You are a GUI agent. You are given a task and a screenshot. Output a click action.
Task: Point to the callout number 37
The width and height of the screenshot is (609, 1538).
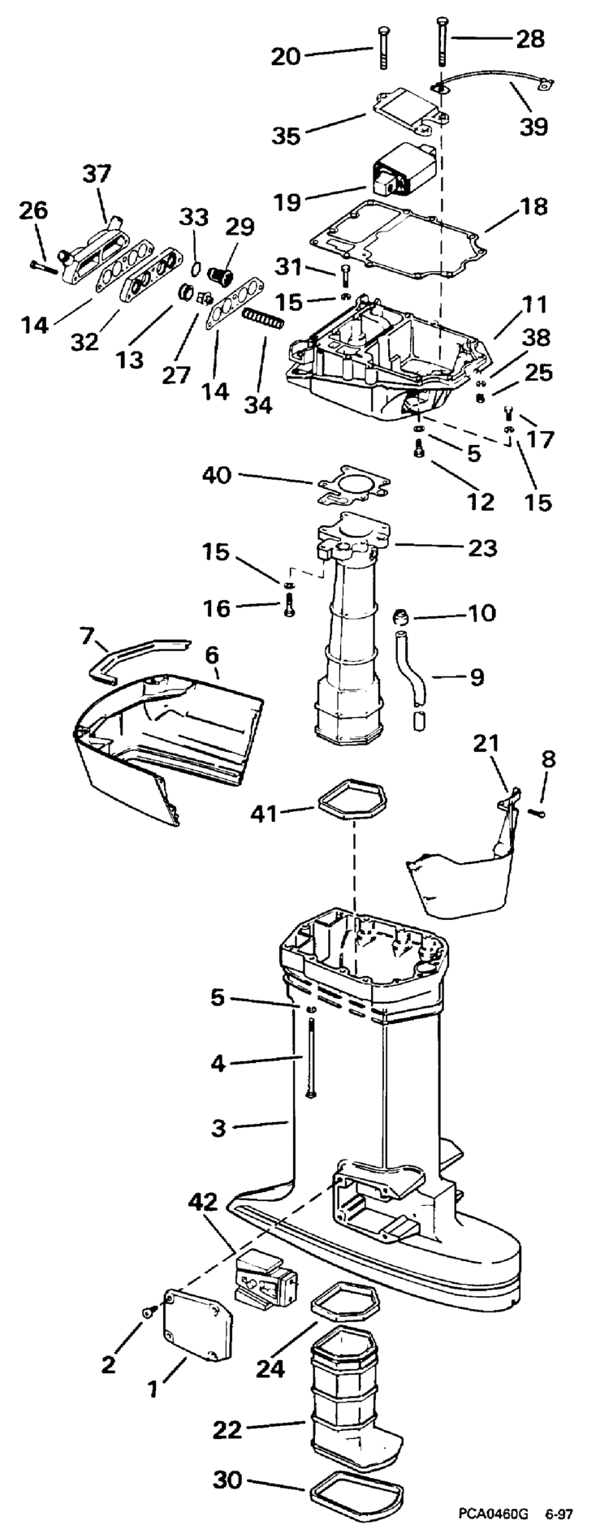[97, 173]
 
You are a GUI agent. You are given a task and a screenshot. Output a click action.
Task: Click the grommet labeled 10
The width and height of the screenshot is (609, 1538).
[400, 617]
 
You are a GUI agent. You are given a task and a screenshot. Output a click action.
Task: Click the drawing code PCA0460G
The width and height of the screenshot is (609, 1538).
[493, 1514]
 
